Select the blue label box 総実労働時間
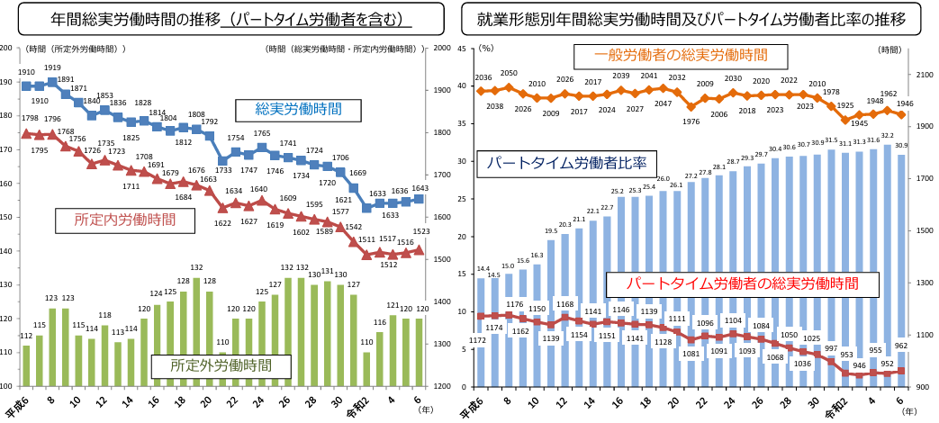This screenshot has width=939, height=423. (298, 110)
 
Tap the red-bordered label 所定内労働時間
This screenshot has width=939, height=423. (125, 219)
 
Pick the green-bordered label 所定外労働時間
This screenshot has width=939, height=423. (221, 365)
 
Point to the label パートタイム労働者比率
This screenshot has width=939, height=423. (566, 163)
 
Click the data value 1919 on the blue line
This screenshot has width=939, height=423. (52, 68)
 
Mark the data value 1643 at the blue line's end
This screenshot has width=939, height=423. (420, 188)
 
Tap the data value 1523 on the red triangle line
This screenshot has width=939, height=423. (420, 231)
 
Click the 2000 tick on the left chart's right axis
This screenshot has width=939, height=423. (442, 49)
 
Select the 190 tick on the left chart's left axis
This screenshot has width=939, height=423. (7, 82)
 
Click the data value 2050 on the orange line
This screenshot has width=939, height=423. (510, 74)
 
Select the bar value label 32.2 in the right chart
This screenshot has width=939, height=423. (888, 136)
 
